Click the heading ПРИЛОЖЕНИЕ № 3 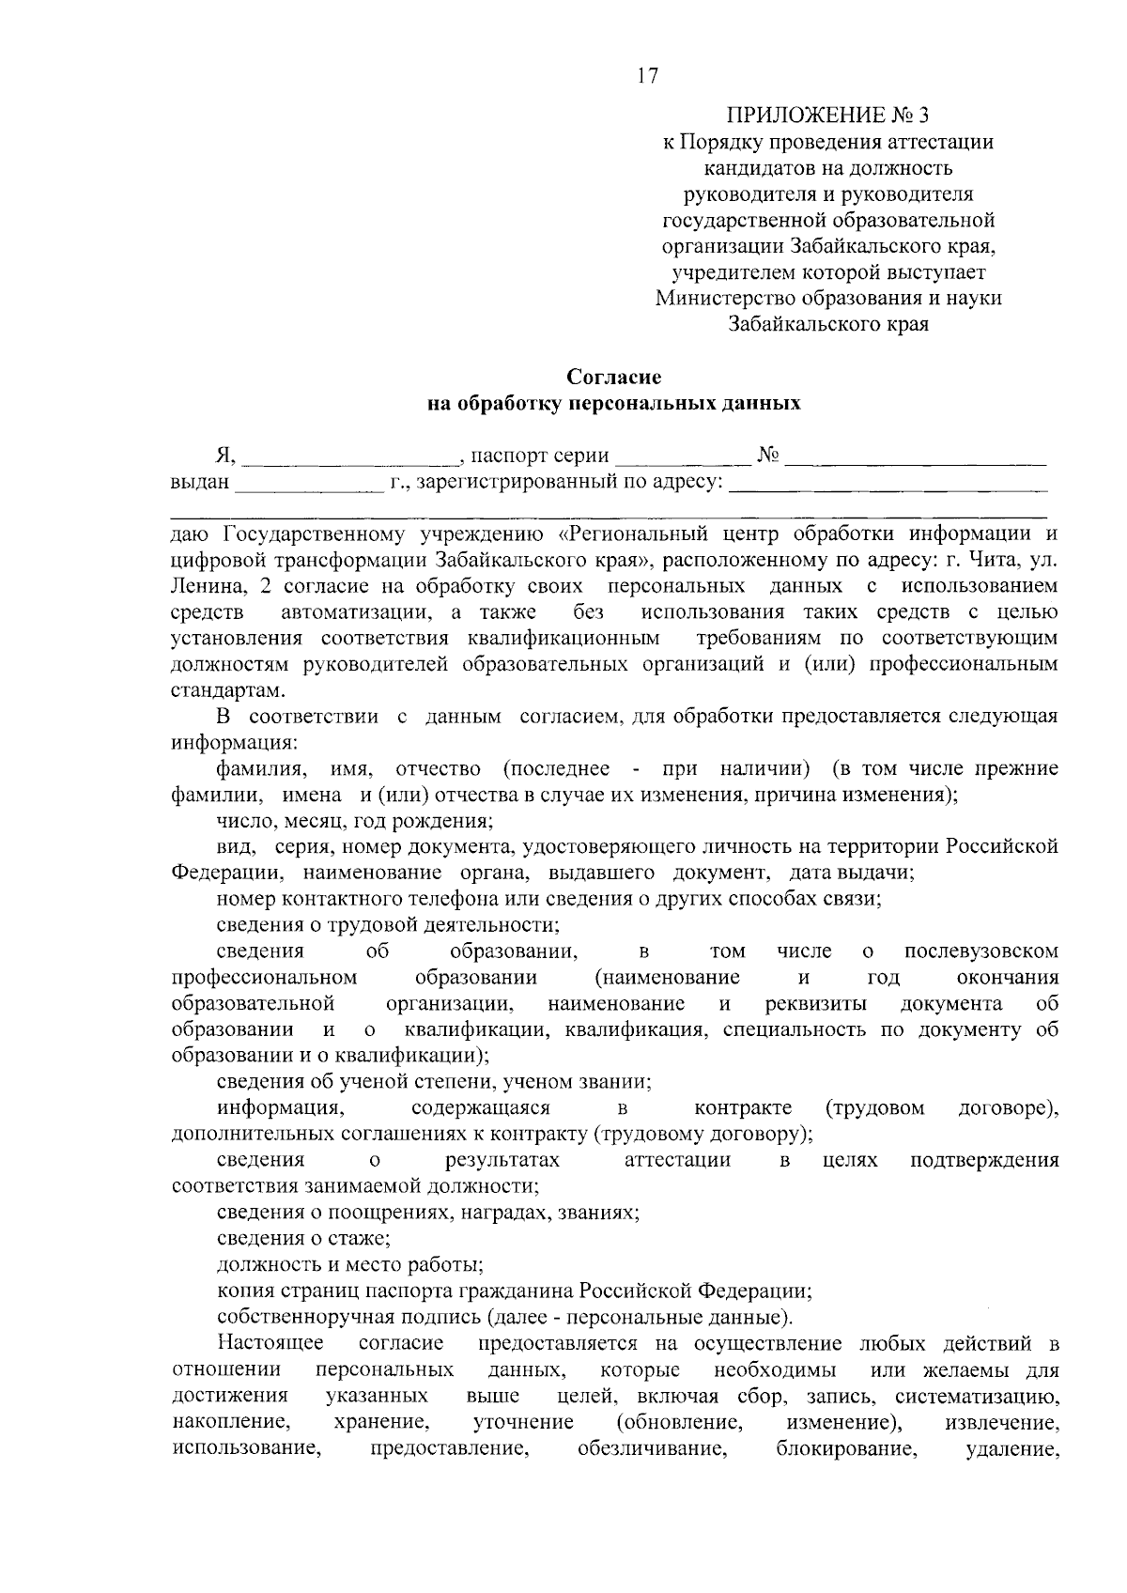(827, 116)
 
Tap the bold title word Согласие (614, 378)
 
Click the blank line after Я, (349, 458)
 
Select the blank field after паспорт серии (682, 458)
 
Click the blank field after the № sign (916, 458)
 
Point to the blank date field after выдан (303, 485)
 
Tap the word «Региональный (627, 535)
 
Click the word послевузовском (980, 951)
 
